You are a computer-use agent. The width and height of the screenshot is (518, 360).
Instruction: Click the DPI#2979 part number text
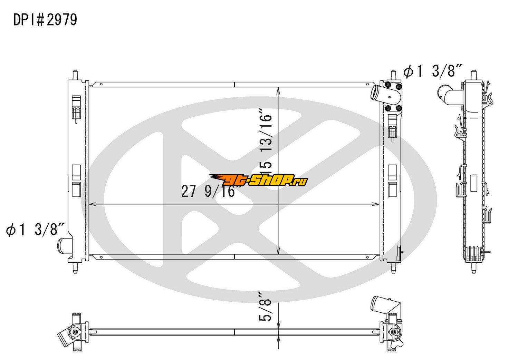(x=45, y=20)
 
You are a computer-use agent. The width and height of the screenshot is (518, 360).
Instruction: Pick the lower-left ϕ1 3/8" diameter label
(x=35, y=229)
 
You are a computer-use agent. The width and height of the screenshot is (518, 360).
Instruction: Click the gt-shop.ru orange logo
(x=258, y=180)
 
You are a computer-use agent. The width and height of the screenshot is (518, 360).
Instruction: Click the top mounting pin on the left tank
(x=75, y=75)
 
